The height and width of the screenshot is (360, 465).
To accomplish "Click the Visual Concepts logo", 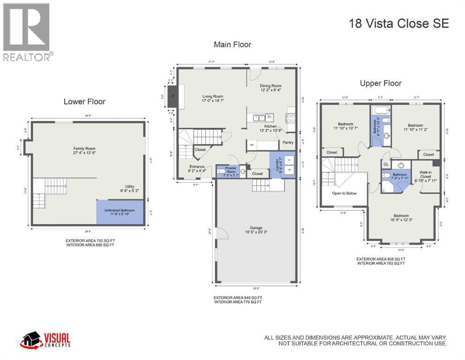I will coord(45,340).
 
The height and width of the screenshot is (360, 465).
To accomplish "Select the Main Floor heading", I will coord(232,45).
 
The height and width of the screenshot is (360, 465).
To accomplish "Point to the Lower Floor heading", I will coord(84,101).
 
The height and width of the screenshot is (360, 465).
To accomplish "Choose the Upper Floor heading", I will coord(381,83).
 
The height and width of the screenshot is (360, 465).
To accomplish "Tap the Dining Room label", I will coord(270,86).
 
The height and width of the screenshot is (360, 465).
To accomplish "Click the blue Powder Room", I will coord(228,171).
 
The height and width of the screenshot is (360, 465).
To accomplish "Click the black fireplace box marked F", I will coord(172,97).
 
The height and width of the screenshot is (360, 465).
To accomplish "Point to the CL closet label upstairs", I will coord(386,164).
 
